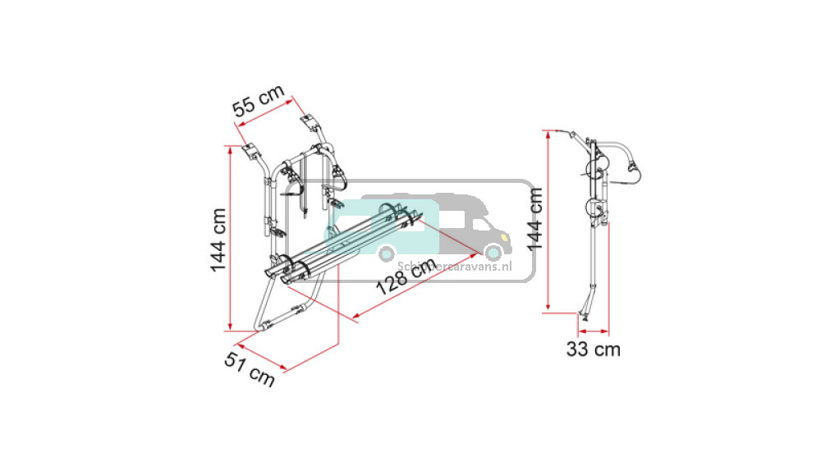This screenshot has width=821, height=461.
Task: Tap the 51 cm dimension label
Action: pos(250,365)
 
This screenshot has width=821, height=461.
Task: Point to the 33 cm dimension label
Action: pos(593,349)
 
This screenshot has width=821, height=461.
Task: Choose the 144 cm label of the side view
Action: pos(535,219)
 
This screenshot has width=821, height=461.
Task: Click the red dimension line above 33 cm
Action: pos(593,331)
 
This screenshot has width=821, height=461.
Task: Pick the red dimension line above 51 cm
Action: pos(261,354)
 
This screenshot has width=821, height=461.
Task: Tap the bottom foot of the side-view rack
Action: pos(585,316)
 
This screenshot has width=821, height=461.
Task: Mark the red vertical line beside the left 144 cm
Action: pos(228,238)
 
